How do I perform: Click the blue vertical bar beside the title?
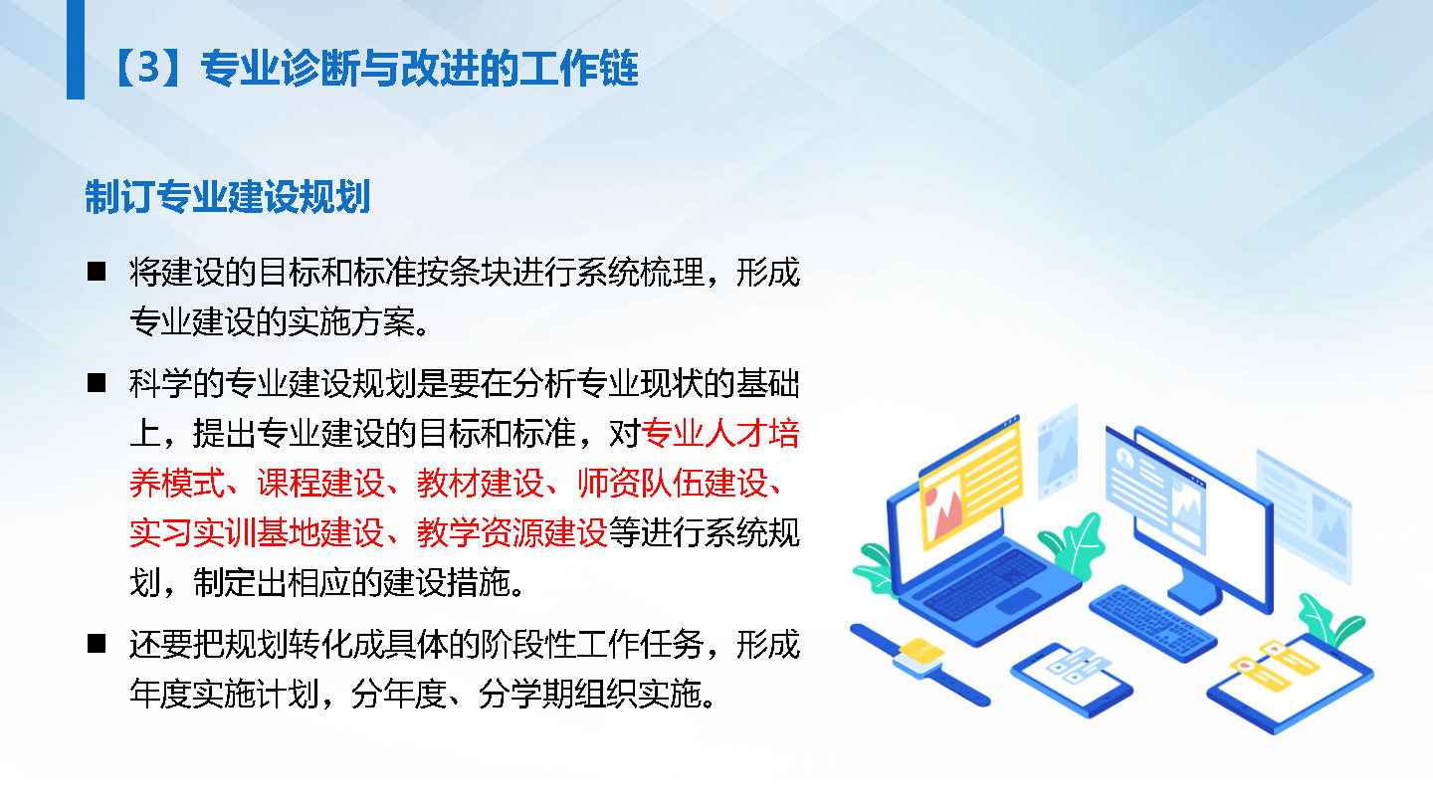pyautogui.click(x=76, y=50)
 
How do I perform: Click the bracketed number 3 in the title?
pyautogui.click(x=149, y=67)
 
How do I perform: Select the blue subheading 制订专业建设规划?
pyautogui.click(x=228, y=196)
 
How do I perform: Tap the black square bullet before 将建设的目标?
pyautogui.click(x=97, y=272)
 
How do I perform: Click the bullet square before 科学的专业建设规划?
pyautogui.click(x=97, y=382)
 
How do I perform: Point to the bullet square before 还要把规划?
pyautogui.click(x=97, y=644)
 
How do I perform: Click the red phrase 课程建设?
pyautogui.click(x=320, y=483)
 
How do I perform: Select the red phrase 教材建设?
pyautogui.click(x=481, y=483)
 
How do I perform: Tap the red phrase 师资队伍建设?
pyautogui.click(x=673, y=483)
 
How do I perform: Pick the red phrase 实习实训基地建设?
pyautogui.click(x=257, y=532)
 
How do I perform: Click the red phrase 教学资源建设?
pyautogui.click(x=512, y=532)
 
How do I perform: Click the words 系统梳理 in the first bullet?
pyautogui.click(x=641, y=272)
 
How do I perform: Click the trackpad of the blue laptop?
pyautogui.click(x=1018, y=601)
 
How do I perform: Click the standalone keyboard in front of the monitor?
pyautogui.click(x=1152, y=622)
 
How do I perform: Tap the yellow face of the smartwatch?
pyautogui.click(x=921, y=651)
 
